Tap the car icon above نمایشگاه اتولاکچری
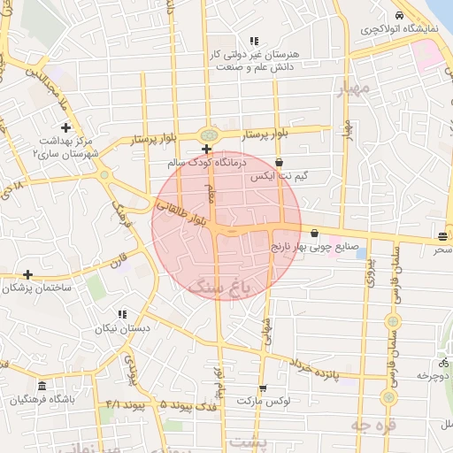coord(400,15)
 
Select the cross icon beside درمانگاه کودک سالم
coord(206,149)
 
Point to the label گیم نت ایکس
coord(280,177)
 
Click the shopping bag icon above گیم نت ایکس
coord(280,163)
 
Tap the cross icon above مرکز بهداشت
coord(65,128)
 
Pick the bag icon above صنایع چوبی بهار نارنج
coord(315,233)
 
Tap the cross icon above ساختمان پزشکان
coord(28,275)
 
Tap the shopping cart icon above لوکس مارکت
coord(262,388)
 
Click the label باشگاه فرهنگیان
coord(42,400)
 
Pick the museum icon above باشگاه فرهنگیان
coord(42,386)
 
